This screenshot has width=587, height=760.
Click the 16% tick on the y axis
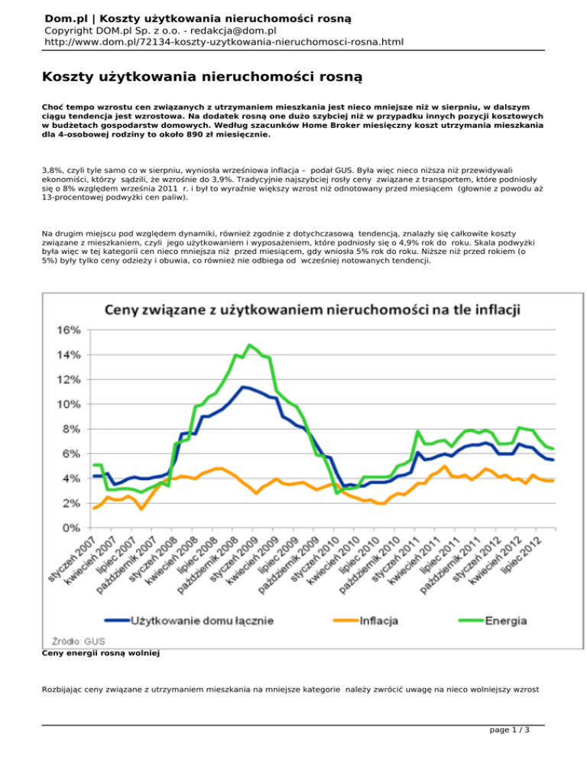[68, 330]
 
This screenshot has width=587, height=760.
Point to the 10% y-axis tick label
[68, 404]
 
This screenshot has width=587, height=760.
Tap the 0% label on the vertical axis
[71, 528]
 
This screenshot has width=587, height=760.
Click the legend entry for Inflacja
[366, 620]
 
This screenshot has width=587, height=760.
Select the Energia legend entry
[492, 620]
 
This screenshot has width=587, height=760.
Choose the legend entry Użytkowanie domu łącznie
[189, 620]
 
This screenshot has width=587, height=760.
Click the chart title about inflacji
[313, 310]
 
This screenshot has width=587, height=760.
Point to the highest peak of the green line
[249, 345]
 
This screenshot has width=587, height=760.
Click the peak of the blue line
[243, 387]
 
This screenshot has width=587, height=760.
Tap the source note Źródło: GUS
[79, 641]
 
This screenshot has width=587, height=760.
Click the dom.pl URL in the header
[224, 42]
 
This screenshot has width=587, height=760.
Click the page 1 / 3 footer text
[509, 730]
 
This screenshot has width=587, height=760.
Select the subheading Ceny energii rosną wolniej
[101, 654]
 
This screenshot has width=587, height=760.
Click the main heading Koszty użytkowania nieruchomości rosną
[202, 77]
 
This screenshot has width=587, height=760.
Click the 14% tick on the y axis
[68, 355]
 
